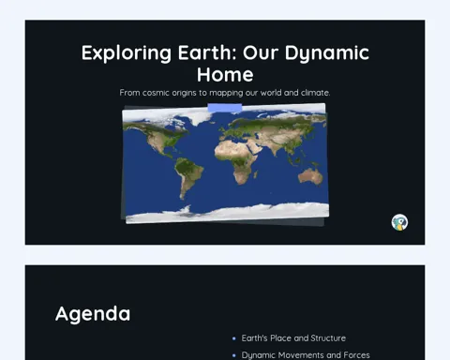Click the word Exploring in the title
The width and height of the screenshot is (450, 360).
[127, 53]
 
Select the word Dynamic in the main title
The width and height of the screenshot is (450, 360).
[327, 53]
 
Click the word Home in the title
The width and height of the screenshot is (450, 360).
[225, 75]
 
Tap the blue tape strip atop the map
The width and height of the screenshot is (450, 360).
[225, 108]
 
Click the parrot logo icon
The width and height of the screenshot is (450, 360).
[399, 222]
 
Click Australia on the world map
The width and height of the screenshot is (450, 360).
[310, 176]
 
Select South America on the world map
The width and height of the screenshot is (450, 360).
[187, 176]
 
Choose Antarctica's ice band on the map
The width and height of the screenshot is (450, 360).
[227, 213]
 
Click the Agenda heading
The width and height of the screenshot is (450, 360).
[93, 314]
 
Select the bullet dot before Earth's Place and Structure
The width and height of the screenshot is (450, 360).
[234, 338]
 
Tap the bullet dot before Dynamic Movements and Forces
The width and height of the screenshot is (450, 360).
[234, 355]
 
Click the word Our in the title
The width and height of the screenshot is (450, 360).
[261, 52]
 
